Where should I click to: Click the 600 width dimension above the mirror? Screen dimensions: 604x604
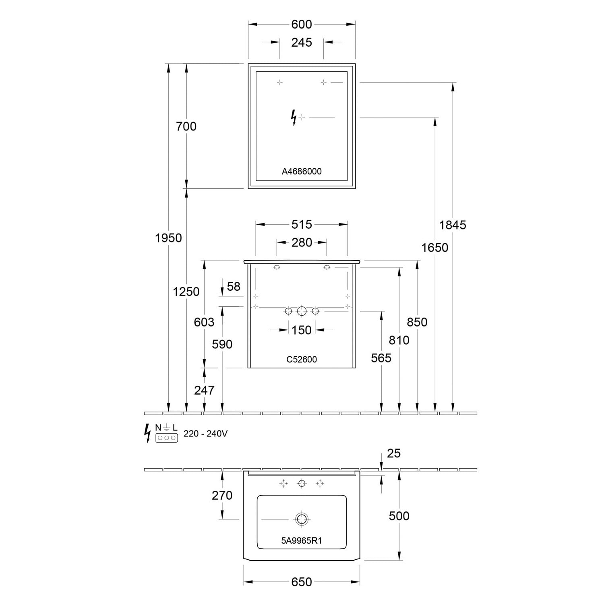coord(302,24)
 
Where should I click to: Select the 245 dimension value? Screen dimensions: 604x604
coord(302,42)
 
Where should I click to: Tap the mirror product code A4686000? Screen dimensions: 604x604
coord(302,172)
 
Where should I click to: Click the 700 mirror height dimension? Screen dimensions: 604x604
coord(186,126)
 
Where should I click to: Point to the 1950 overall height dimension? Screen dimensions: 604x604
coord(168,238)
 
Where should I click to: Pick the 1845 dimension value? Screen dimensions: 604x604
coord(453,225)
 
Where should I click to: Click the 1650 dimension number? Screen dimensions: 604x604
coord(434,247)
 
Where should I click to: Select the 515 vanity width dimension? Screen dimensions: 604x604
coord(302,224)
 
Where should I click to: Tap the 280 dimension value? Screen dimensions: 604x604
coord(302,242)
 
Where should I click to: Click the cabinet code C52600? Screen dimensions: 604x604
coord(302,360)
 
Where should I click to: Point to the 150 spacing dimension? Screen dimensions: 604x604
coord(302,330)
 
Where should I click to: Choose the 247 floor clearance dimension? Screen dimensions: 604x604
coord(204,390)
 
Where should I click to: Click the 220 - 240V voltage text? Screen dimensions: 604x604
coord(205,434)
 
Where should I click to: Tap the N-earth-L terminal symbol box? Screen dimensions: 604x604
coord(166,438)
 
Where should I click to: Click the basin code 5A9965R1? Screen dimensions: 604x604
coord(302,541)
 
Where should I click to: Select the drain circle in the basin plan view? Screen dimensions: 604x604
coord(302,519)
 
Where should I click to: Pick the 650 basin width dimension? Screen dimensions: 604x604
coord(302,582)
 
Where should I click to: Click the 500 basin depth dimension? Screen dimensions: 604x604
coord(399,516)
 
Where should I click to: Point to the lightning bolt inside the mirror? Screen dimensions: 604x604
coord(294,118)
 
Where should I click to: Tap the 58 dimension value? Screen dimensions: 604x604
coord(234,286)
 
